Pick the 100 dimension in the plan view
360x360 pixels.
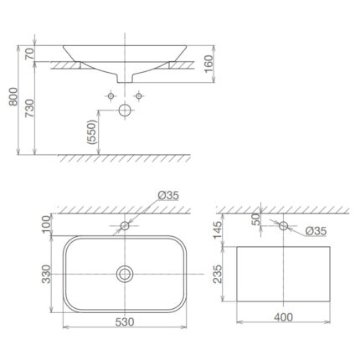[48, 225]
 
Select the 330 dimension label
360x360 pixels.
[48, 273]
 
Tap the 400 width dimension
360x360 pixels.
[284, 318]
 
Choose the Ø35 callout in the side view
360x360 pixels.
[315, 230]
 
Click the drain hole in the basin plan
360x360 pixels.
[125, 272]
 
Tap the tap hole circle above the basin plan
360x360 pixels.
[125, 225]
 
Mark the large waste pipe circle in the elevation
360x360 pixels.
[126, 109]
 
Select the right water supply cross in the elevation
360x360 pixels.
[141, 97]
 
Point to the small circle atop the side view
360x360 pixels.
[284, 225]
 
